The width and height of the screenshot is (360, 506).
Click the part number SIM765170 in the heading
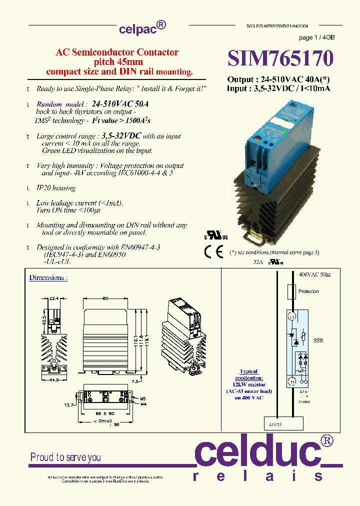280,58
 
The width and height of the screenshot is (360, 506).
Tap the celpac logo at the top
142,28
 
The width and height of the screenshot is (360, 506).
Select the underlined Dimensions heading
48,277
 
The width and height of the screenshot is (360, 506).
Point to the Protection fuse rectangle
291,291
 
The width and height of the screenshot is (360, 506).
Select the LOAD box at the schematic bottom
282,424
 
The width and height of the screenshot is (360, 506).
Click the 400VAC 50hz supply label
314,275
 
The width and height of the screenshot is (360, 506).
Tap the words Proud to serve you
65,457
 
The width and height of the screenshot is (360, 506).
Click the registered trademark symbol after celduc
326,440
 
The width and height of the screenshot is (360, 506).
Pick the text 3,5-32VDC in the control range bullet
121,135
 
